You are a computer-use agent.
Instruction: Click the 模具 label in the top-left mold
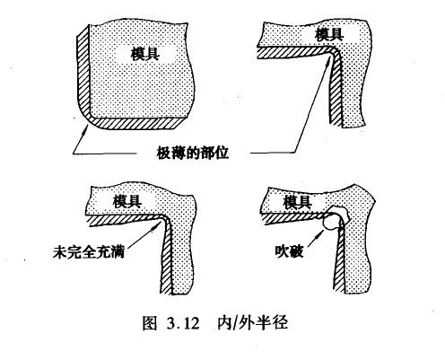pos(145,54)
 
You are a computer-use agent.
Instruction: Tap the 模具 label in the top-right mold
pos(329,34)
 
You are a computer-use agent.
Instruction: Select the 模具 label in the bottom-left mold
pos(127,201)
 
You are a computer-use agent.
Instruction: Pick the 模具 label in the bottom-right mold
pos(298,203)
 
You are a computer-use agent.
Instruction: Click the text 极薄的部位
pos(193,153)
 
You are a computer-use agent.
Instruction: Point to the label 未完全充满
pos(89,252)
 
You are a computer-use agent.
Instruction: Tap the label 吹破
pos(289,251)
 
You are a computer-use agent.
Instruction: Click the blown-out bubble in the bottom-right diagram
pos(334,217)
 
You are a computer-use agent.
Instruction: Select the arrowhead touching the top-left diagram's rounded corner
pos(86,129)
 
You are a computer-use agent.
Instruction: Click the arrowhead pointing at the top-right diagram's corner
pos(329,61)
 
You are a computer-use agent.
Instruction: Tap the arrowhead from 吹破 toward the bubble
pos(319,233)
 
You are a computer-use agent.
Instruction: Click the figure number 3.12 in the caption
pos(182,323)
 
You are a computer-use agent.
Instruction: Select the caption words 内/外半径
pos(253,322)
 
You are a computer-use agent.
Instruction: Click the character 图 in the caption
pos(150,323)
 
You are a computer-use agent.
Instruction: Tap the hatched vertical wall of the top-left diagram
pos(83,74)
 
